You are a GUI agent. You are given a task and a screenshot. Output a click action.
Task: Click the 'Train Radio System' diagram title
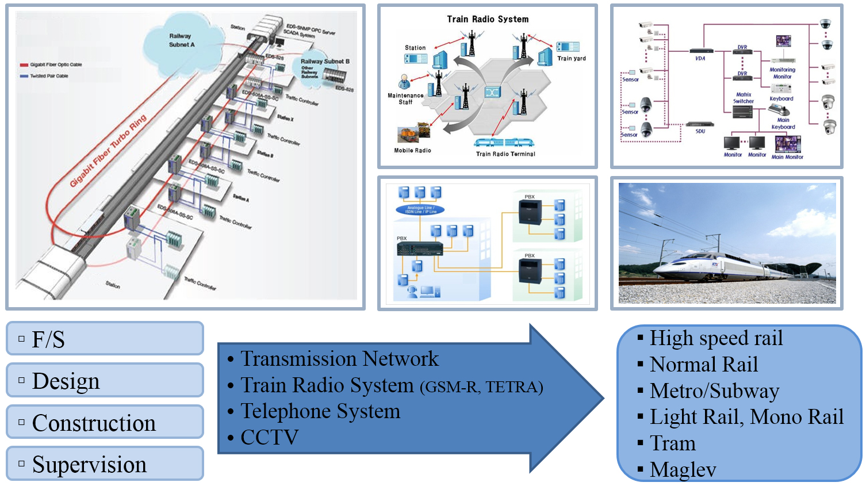pos(488,19)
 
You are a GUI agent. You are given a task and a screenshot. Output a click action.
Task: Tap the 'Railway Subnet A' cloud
pos(181,40)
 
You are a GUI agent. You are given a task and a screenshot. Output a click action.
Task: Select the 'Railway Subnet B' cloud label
pos(324,62)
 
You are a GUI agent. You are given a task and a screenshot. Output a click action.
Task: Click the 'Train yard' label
pos(571,58)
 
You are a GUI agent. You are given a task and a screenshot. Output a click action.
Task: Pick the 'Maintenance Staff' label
pos(405,99)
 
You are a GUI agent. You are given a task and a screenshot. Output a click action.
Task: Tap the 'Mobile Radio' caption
pos(412,151)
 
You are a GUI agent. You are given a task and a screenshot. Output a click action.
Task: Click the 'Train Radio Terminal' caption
pos(505,154)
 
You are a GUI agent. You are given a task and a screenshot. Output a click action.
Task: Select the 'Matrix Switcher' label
pos(743,98)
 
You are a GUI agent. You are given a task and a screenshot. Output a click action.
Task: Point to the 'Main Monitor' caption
pos(787,157)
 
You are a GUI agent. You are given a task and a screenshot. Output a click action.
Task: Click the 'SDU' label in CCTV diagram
pos(700,131)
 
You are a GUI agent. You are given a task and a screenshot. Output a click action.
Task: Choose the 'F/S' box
pos(105,339)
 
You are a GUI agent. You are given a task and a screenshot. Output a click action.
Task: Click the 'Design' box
pos(105,380)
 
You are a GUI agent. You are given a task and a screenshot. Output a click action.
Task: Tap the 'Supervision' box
pos(105,464)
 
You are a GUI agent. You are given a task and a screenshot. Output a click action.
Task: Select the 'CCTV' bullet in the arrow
pos(269,437)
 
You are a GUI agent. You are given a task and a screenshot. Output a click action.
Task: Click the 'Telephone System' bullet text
pos(320,411)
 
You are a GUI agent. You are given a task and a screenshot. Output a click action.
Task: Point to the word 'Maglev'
pos(683,469)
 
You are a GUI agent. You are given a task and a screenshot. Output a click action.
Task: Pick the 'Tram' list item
pos(672,443)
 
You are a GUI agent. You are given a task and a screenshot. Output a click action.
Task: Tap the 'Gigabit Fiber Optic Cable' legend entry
pos(55,65)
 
